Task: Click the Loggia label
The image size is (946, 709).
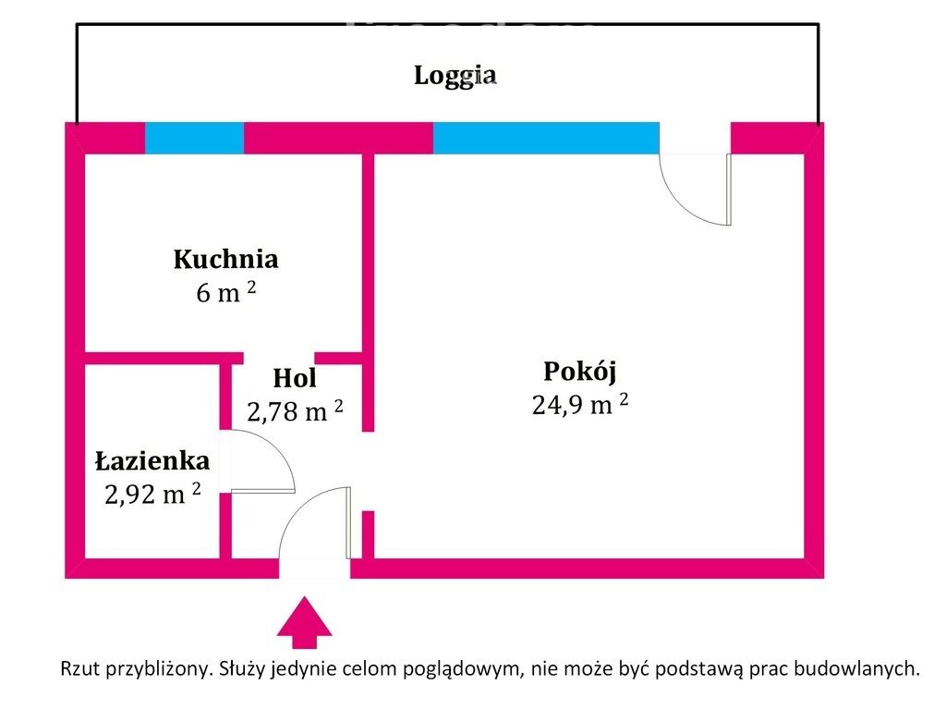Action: (455, 76)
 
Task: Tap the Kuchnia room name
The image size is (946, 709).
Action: (226, 259)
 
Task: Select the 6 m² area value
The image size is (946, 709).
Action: (226, 292)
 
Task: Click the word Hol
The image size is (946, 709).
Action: (295, 378)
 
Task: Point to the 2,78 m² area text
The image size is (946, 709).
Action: (295, 411)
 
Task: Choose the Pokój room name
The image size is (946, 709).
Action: (580, 372)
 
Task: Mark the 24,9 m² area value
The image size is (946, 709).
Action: (580, 404)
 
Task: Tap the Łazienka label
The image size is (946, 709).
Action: (152, 460)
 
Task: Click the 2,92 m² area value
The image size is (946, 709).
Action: (152, 494)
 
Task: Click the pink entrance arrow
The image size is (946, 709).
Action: (305, 622)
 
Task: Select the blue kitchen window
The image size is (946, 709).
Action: (194, 139)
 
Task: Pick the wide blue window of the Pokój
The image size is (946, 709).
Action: (546, 139)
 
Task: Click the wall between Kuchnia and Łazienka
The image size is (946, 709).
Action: (164, 358)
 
